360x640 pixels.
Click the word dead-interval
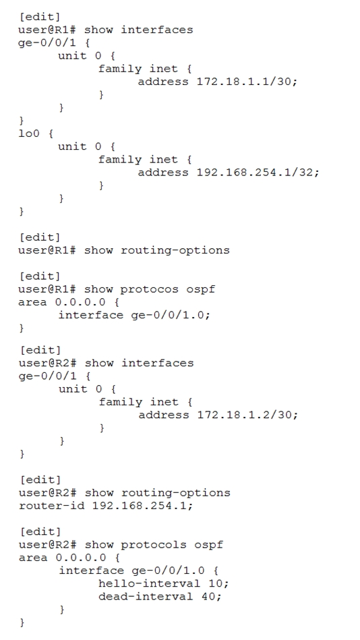[146, 596]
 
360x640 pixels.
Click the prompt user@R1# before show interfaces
[47, 30]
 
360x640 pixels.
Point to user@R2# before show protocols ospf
[47, 544]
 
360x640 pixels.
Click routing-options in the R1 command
[175, 250]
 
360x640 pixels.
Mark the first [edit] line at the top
[40, 17]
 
